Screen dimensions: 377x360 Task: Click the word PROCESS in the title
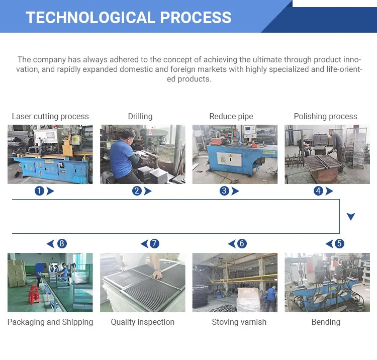[196, 17]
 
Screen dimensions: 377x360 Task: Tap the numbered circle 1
[39, 191]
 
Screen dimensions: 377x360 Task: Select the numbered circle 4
[318, 191]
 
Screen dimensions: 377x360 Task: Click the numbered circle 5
[339, 244]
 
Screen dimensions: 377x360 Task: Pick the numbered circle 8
[62, 244]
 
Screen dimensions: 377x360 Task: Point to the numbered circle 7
[154, 244]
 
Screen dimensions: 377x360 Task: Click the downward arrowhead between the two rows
[351, 216]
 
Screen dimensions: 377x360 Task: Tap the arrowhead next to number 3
[235, 191]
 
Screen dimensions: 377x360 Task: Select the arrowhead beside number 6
[232, 244]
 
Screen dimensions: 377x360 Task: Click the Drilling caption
[140, 116]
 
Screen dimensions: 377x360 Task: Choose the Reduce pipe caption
[231, 116]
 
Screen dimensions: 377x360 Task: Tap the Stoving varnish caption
[239, 322]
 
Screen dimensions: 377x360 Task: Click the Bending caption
[326, 322]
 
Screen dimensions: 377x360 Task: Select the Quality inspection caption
[143, 322]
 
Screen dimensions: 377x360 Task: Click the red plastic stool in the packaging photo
[34, 295]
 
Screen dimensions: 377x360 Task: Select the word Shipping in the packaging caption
[77, 322]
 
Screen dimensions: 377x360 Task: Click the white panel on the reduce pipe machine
[229, 159]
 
